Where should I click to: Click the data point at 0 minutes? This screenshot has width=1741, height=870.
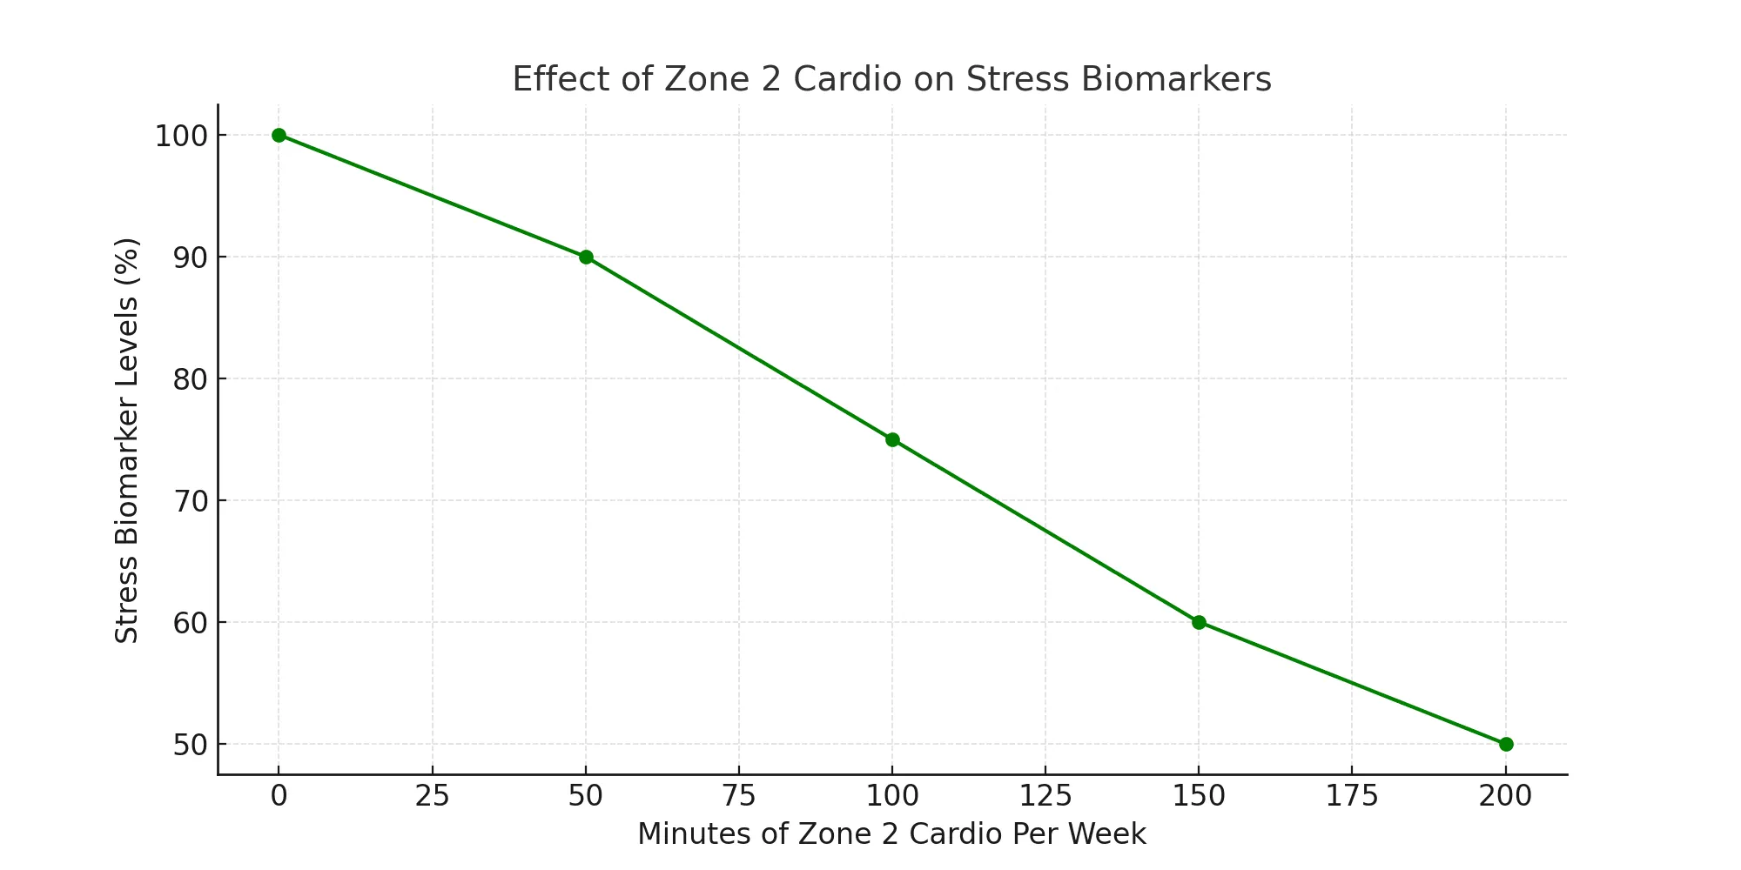tap(279, 135)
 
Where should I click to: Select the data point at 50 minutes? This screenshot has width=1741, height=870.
tap(586, 257)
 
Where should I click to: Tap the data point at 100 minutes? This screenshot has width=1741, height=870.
tap(892, 439)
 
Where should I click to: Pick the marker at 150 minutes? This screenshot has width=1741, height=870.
tap(1199, 622)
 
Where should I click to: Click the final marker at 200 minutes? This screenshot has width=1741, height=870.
tap(1506, 744)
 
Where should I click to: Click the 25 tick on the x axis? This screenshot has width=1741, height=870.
tap(432, 796)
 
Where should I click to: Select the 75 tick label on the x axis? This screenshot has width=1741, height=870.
tap(738, 796)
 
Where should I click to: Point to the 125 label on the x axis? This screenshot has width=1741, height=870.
tap(1045, 796)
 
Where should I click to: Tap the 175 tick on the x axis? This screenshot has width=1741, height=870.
tap(1352, 796)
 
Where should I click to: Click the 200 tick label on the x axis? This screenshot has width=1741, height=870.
tap(1505, 796)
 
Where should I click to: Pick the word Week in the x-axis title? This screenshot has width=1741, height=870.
tap(1109, 833)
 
